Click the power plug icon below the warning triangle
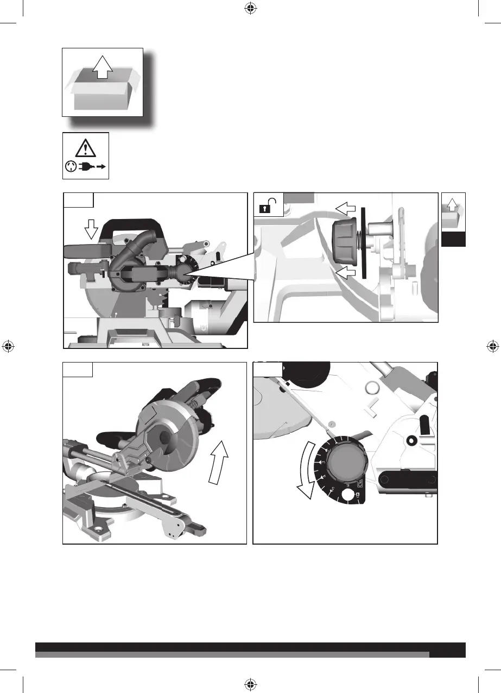pos(85,167)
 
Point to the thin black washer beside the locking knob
pos(362,240)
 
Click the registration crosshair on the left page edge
pos(8,346)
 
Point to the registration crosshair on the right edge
pos(492,346)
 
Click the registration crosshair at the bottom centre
pos(250,684)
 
